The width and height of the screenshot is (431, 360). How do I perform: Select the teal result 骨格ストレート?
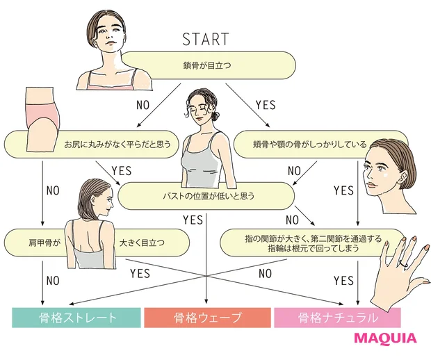pyautogui.click(x=73, y=318)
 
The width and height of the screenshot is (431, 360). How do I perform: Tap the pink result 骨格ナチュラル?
pyautogui.click(x=339, y=318)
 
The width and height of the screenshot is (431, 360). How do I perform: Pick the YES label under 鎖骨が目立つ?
pyautogui.click(x=266, y=105)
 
